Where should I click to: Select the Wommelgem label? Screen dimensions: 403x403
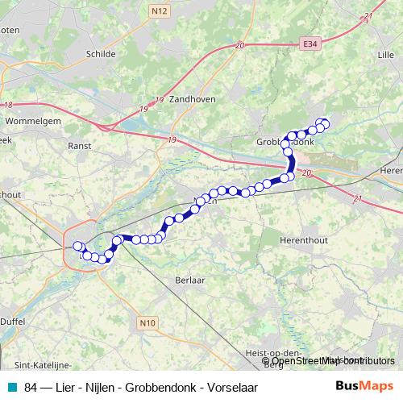(x=28, y=121)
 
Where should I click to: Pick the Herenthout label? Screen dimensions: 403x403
(x=301, y=240)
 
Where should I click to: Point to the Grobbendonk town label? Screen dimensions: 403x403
(x=284, y=142)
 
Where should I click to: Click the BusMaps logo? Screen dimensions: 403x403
(x=364, y=388)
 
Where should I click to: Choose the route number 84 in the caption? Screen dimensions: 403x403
(x=31, y=388)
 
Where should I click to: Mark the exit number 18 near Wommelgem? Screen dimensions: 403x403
(x=8, y=105)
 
